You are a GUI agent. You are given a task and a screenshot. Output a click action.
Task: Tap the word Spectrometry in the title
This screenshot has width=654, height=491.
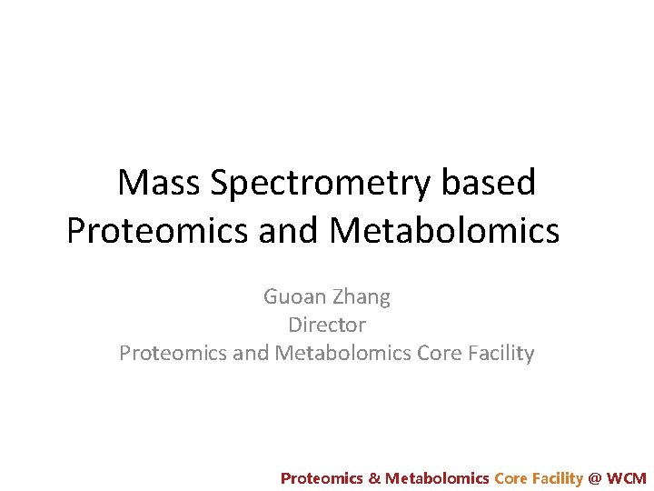(322, 184)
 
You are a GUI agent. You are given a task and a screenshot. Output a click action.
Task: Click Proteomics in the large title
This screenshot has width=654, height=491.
(157, 231)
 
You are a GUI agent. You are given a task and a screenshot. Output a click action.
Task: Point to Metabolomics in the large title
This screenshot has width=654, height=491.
(444, 231)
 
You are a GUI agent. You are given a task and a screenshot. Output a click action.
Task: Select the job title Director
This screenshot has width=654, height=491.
(326, 325)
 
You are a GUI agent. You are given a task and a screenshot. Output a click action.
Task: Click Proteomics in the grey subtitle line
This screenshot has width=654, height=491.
(173, 353)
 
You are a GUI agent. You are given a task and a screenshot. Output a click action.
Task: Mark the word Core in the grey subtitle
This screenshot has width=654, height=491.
(438, 353)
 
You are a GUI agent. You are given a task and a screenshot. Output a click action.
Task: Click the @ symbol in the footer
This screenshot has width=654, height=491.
(595, 477)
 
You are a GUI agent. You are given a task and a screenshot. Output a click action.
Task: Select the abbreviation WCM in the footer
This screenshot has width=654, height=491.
(627, 477)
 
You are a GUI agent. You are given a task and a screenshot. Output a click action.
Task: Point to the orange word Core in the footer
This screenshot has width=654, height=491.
(510, 477)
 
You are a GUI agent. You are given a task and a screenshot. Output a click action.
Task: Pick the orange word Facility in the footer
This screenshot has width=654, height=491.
(557, 477)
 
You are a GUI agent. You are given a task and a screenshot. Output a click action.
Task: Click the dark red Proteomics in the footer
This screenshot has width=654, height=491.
(322, 477)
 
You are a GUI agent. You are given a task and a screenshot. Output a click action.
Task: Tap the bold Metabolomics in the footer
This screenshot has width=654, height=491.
(437, 477)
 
